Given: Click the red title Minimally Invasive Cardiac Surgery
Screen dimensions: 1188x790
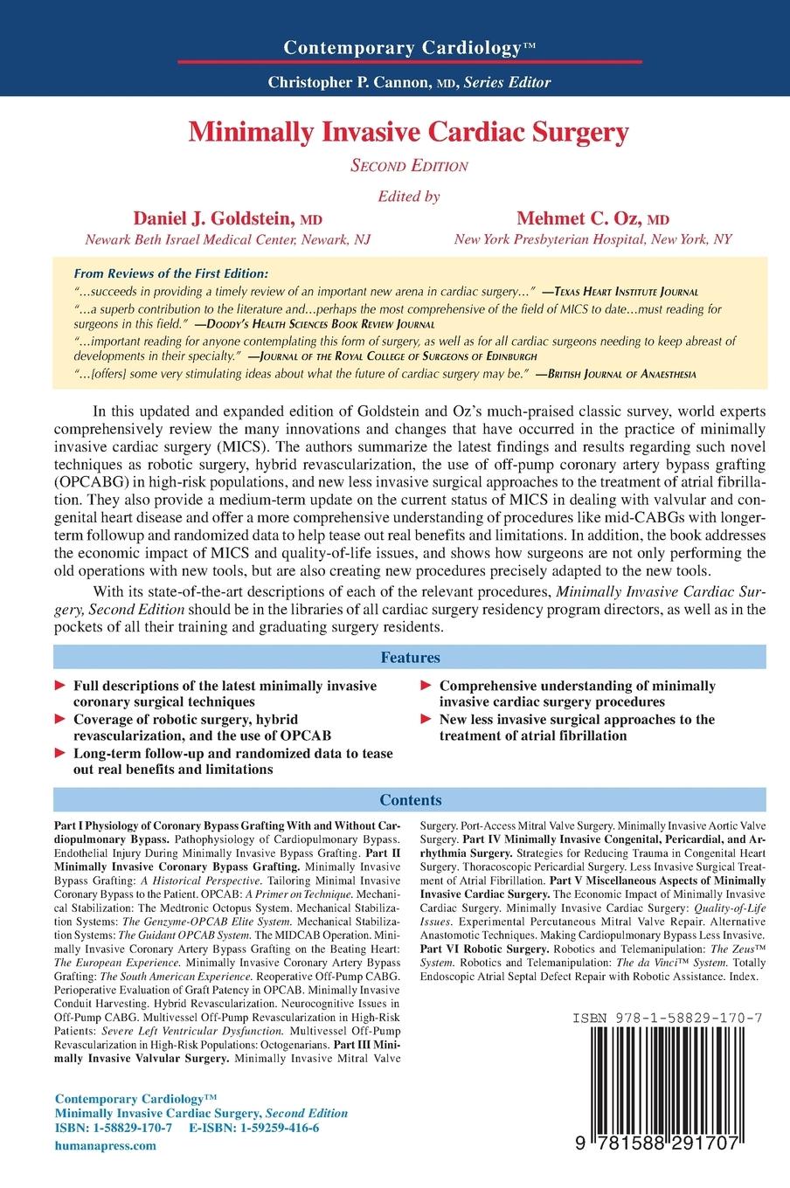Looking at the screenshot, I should tap(409, 132).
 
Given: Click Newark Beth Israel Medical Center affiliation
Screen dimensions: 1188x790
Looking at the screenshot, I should tap(227, 239).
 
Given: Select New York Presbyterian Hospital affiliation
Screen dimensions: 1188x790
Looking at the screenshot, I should tap(592, 239).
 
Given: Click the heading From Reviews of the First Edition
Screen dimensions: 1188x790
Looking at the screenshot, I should tap(172, 273).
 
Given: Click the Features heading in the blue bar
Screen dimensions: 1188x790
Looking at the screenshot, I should tap(409, 657).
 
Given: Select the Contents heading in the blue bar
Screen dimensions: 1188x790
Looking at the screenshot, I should tap(409, 800).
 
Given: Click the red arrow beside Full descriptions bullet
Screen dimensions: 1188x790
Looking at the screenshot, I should tap(59, 687).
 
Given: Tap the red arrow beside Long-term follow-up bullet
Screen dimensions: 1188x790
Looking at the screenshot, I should tap(59, 754).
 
